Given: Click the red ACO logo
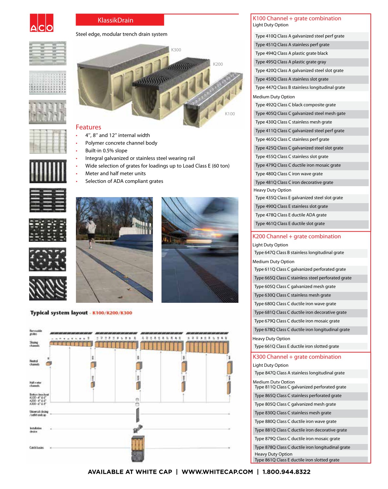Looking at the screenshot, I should coord(41,23).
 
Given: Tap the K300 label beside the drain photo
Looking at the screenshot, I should coord(176,50).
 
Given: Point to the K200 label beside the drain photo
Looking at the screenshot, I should coord(218,64).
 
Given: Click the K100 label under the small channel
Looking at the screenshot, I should coord(230,114).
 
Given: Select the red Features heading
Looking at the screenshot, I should coord(89,127).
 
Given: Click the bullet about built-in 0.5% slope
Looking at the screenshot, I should coord(106,151).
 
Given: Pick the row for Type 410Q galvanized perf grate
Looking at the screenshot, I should coord(300,36).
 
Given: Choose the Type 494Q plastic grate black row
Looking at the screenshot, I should coord(291,53).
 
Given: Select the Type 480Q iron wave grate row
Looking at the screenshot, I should coord(289,174).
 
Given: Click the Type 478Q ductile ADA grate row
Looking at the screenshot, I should coord(291,215).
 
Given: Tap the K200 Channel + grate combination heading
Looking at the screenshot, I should coord(296,237).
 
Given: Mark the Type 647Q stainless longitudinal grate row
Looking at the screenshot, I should coord(299,253).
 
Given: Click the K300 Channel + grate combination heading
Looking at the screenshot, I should coord(297,357).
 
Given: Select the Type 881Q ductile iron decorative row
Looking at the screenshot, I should coord(300,430).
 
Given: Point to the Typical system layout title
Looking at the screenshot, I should coord(59,313).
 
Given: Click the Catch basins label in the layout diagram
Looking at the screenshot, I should coord(36,448).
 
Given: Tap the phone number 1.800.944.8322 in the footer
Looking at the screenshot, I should coord(286,472).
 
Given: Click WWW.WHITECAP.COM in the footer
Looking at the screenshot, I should coord(217,472).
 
